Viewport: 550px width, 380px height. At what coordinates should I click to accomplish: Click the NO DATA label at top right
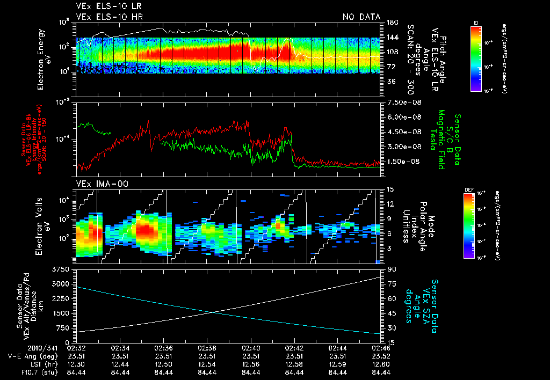pyautogui.click(x=361, y=17)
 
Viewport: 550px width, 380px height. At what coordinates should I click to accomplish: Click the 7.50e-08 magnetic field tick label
pyautogui.click(x=404, y=103)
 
